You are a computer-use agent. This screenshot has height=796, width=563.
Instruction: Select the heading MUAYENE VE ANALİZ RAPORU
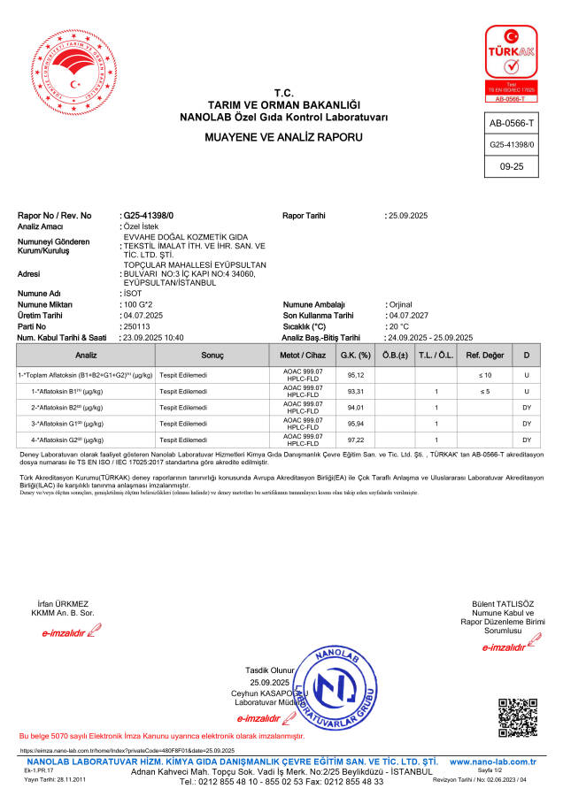point(283,138)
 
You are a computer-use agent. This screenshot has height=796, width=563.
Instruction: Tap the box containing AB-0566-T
point(512,122)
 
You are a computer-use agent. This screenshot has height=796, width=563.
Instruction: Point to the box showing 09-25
point(512,165)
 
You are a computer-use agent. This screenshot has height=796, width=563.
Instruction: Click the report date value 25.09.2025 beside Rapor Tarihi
point(408,216)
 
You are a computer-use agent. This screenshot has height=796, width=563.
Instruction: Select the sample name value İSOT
point(134,293)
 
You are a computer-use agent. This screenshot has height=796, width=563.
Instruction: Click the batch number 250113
point(136,325)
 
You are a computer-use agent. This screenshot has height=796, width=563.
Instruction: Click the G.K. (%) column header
point(355,355)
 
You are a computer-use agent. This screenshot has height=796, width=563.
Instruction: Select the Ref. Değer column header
point(484,355)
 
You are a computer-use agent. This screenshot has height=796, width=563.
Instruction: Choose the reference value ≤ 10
point(484,375)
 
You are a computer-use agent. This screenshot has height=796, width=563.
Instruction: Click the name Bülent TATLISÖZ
point(508,604)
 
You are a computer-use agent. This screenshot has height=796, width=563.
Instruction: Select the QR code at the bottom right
point(518,717)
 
